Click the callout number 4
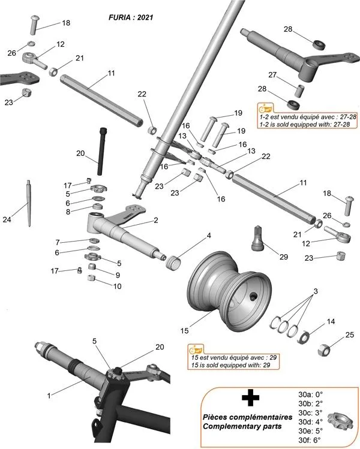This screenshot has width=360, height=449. tap(209, 236)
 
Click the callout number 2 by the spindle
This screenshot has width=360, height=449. tap(155, 220)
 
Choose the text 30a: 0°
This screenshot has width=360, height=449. tap(310, 395)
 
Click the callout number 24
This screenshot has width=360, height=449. tap(7, 220)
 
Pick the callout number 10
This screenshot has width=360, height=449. tap(117, 286)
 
